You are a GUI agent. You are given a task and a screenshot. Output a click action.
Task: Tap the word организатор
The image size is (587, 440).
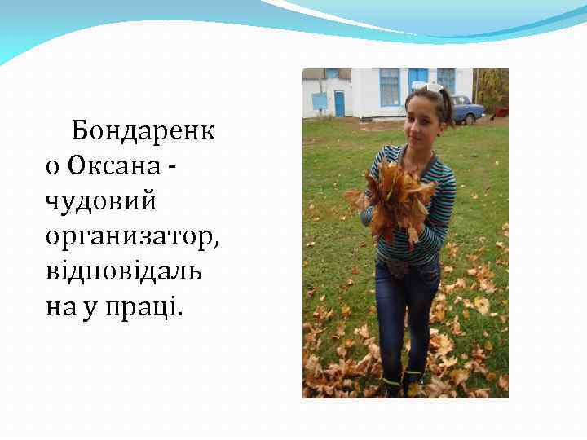pos(132,236)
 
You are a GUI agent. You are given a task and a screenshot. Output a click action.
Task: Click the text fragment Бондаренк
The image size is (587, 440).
pos(143,130)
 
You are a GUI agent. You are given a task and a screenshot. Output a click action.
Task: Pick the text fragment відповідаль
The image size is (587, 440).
pos(124,271)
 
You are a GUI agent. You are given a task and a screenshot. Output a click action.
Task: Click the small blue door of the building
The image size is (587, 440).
pos(339,103)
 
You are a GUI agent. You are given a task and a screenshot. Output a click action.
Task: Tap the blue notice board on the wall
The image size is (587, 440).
pos(319,101)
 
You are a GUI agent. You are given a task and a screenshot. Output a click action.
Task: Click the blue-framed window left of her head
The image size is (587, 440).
pos(390,87)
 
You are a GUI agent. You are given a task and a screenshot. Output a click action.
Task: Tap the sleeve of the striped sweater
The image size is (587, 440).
pos(441,212)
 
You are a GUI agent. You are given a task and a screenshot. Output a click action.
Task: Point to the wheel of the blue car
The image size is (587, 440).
pos(468,120)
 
